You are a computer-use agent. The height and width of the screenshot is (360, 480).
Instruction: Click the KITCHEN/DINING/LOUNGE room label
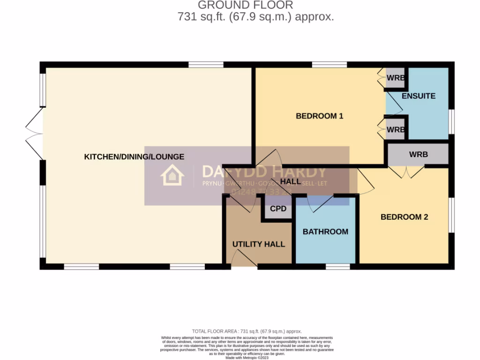(134, 157)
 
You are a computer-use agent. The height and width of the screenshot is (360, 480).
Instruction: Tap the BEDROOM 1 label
(320, 116)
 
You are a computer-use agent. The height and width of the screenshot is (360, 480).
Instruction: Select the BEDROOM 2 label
(404, 217)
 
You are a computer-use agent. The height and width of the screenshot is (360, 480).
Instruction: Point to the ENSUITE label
(418, 96)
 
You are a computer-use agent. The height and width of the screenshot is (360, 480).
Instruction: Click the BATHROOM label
(325, 232)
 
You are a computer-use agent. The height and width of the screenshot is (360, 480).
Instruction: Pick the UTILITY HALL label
(259, 244)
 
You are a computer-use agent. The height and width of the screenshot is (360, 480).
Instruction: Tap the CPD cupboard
(278, 209)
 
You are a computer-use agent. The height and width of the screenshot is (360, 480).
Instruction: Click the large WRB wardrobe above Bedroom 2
(418, 154)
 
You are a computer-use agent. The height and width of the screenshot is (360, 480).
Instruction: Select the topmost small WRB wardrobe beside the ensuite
(396, 78)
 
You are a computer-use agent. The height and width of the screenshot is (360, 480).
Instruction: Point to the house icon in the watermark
(172, 176)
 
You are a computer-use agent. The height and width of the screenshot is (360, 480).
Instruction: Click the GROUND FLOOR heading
(245, 5)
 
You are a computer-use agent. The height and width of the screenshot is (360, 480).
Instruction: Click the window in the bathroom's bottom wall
(338, 267)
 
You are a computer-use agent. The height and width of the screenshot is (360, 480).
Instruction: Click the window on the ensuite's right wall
(452, 122)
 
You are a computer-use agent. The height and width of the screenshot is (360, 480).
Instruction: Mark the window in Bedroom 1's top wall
(329, 65)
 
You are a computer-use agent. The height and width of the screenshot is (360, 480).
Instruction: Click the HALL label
(290, 181)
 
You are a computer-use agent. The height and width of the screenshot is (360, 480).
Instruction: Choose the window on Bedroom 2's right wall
(452, 215)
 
